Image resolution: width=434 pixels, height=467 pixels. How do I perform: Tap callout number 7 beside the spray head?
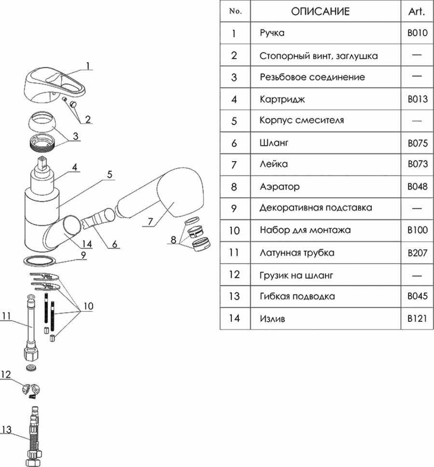click(x=150, y=222)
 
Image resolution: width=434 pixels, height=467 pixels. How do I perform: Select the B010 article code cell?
click(x=417, y=33)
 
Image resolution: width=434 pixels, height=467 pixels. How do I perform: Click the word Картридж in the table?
click(x=282, y=99)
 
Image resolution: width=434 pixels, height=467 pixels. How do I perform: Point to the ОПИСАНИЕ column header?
click(x=320, y=11)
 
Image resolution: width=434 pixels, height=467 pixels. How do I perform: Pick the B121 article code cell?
click(x=417, y=318)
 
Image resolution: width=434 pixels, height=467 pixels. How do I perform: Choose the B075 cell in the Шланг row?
click(x=417, y=143)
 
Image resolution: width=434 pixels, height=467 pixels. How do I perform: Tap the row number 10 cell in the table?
click(x=234, y=231)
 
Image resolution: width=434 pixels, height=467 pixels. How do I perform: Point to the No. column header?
click(x=235, y=11)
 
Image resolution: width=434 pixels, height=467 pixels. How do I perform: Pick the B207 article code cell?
click(x=417, y=253)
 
